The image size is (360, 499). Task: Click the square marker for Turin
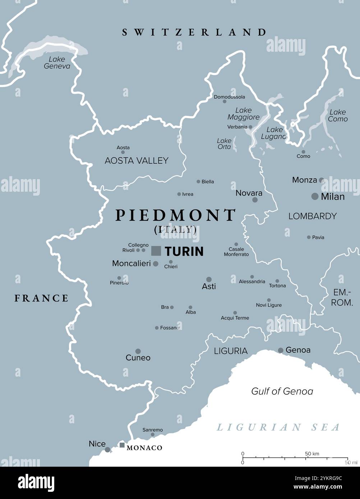pyautogui.click(x=156, y=251)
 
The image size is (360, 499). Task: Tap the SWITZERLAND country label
pyautogui.click(x=194, y=32)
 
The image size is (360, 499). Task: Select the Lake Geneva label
pyautogui.click(x=57, y=62)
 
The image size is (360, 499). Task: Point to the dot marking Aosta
pyautogui.click(x=123, y=152)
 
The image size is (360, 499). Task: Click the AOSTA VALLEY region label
pyautogui.click(x=137, y=160)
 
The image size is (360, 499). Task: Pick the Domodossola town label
pyautogui.click(x=229, y=97)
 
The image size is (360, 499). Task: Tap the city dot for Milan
pyautogui.click(x=315, y=196)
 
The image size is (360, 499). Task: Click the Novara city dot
pyautogui.click(x=255, y=200)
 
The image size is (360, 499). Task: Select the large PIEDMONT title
pyautogui.click(x=175, y=215)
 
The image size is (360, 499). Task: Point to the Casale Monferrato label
pyautogui.click(x=236, y=252)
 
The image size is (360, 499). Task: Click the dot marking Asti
pyautogui.click(x=209, y=279)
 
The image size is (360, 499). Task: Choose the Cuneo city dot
pyautogui.click(x=138, y=351)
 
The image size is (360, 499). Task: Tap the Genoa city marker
pyautogui.click(x=281, y=350)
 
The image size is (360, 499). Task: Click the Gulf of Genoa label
pyautogui.click(x=282, y=391)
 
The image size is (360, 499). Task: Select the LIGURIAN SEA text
pyautogui.click(x=278, y=427)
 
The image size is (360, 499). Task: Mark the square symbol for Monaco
pyautogui.click(x=122, y=445)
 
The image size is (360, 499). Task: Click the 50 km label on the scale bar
pyautogui.click(x=312, y=454)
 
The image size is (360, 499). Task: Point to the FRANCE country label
pyautogui.click(x=41, y=298)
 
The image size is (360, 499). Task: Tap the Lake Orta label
pyautogui.click(x=224, y=144)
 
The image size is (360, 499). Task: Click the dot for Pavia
pyautogui.click(x=309, y=237)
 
